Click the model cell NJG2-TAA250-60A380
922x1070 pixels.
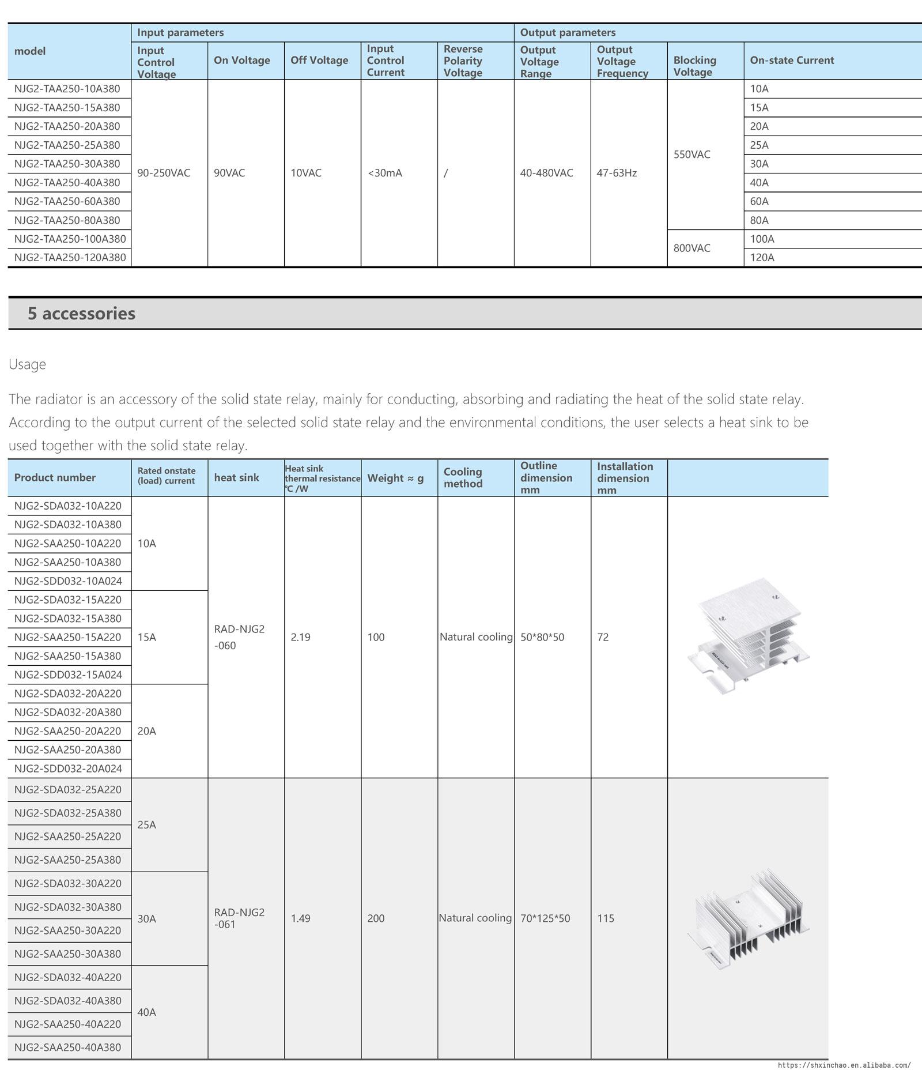pos(67,201)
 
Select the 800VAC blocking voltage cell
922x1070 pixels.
pos(692,248)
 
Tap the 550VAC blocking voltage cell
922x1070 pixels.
pos(692,155)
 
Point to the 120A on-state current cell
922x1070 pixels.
pos(762,257)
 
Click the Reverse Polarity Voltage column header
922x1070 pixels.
pos(463,61)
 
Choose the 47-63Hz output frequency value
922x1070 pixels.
pos(617,173)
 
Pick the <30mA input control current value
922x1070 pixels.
pos(385,173)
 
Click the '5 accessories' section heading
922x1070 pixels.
pos(82,313)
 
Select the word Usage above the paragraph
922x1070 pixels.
pos(27,364)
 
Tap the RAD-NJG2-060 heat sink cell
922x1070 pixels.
pos(239,637)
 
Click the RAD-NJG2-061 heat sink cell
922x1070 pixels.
pos(239,918)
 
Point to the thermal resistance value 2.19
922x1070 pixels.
pos(301,637)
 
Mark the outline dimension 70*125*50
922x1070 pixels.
pos(545,918)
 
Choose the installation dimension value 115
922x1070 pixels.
pos(606,918)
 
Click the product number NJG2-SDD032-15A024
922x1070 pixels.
pos(68,675)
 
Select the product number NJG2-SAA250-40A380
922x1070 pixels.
pos(68,1047)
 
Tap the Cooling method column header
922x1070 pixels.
pos(463,477)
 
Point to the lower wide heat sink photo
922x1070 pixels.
pos(748,918)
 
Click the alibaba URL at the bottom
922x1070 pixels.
pos(844,1065)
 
